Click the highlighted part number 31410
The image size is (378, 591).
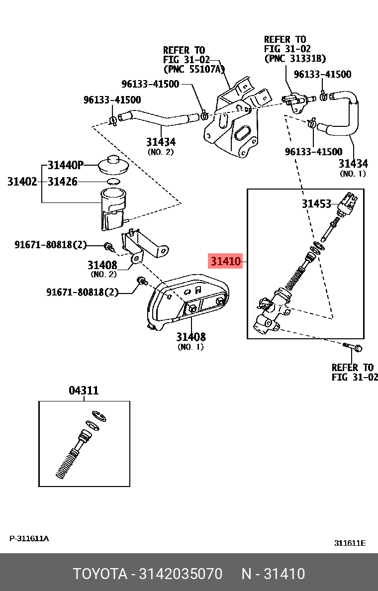(x=225, y=261)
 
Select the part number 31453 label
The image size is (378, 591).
(x=316, y=203)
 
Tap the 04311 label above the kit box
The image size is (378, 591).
(x=83, y=391)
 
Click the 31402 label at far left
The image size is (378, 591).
(x=22, y=182)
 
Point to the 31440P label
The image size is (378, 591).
(x=66, y=165)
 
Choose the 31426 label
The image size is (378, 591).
(x=63, y=182)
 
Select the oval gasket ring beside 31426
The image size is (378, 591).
(x=113, y=181)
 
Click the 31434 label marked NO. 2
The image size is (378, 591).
(x=161, y=142)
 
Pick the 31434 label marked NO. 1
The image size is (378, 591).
(x=353, y=164)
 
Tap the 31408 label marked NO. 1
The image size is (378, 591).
(x=190, y=337)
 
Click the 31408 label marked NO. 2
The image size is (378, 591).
(x=102, y=265)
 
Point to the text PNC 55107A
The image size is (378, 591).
(x=194, y=68)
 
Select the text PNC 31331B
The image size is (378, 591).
(x=295, y=58)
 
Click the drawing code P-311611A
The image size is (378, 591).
(x=29, y=539)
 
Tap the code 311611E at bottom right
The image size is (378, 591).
(x=349, y=543)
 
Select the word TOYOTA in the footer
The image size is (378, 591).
(x=100, y=574)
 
